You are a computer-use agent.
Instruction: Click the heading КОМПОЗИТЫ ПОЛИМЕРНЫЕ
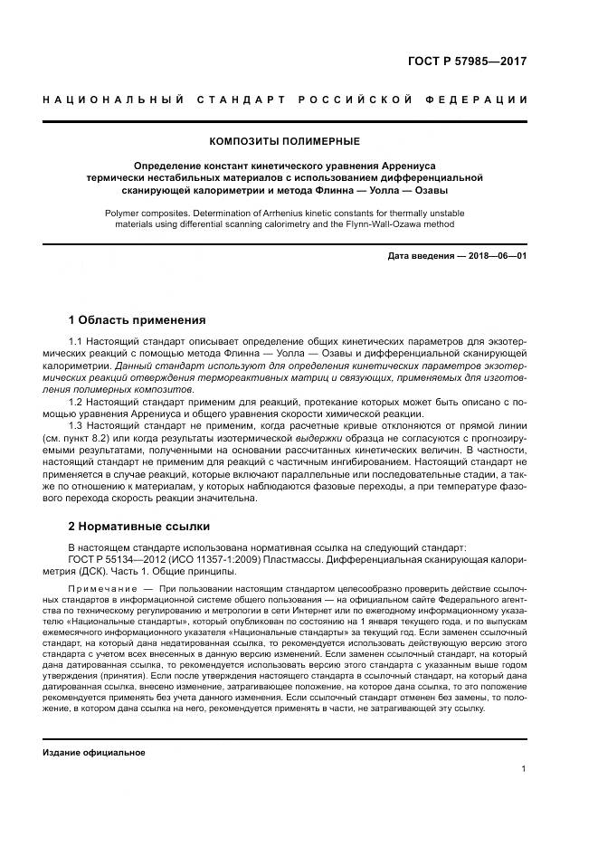point(285,141)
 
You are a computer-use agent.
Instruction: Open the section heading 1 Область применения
point(138,320)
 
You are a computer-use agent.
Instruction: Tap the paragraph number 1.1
point(76,340)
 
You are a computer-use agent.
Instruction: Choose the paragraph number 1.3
point(76,423)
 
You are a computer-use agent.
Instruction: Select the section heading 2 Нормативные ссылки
point(139,526)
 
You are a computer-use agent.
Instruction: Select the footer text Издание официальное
point(94,752)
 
